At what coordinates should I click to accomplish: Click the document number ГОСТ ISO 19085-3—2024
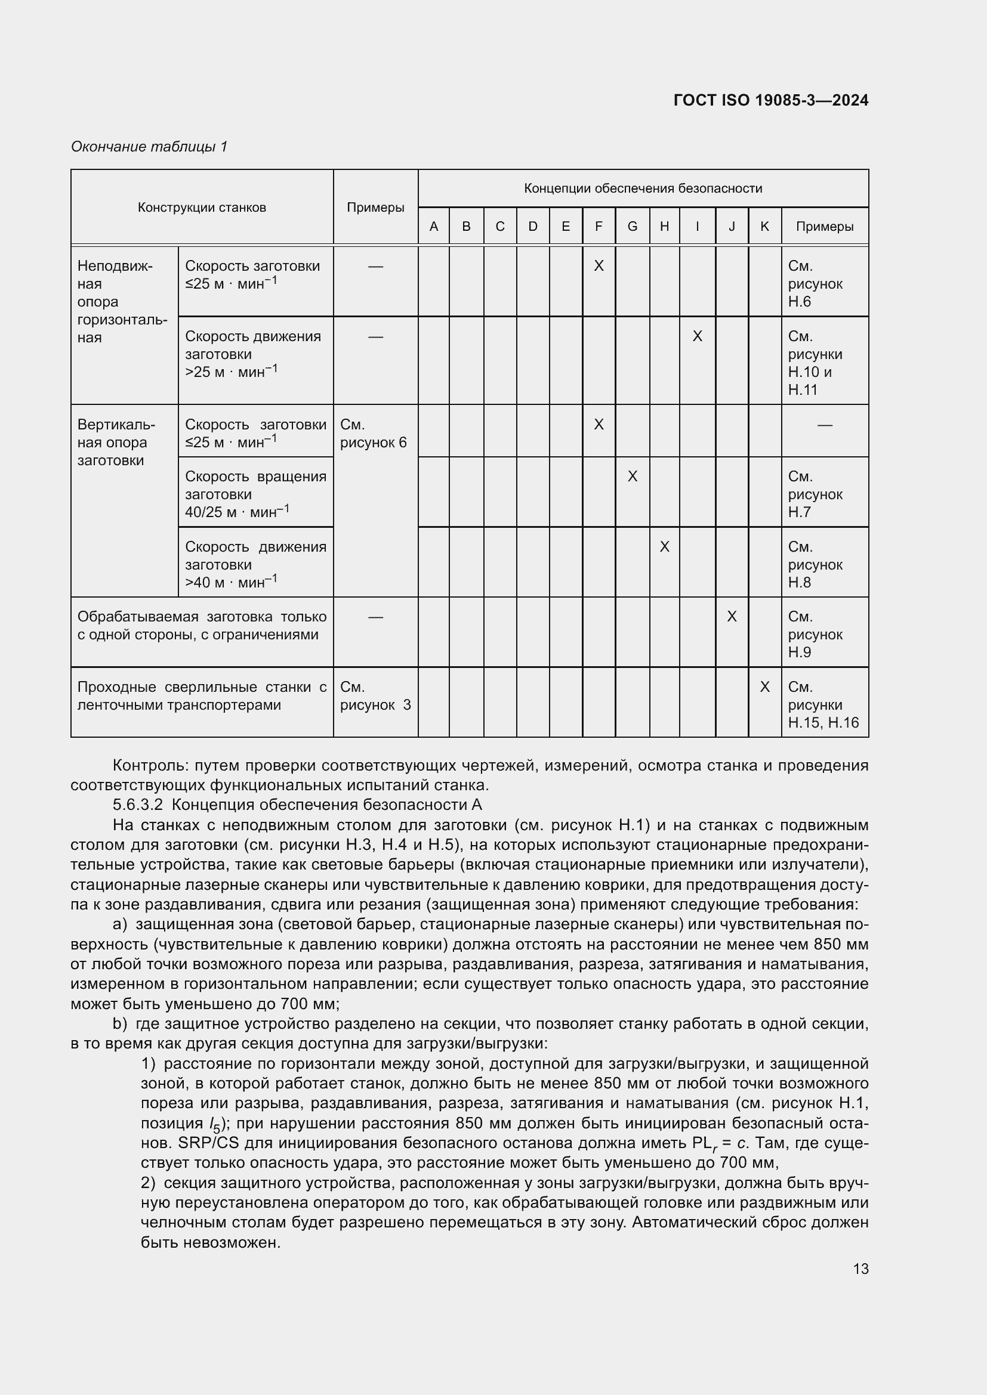(770, 100)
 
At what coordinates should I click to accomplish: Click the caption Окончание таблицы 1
(149, 147)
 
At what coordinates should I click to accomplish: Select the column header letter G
(632, 227)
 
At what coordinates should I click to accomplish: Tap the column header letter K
(764, 227)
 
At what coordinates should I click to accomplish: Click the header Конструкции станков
(202, 207)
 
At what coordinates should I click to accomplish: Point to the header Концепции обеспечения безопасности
(643, 188)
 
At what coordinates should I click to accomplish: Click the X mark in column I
(697, 336)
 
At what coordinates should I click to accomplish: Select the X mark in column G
(632, 477)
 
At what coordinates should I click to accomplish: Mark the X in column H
(664, 547)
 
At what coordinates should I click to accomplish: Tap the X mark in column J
(732, 617)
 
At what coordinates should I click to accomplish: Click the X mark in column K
(764, 686)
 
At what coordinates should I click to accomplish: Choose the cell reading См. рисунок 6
(373, 433)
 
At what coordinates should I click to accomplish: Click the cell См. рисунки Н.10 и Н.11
(815, 363)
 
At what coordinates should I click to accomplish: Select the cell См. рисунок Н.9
(815, 635)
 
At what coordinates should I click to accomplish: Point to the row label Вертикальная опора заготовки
(116, 443)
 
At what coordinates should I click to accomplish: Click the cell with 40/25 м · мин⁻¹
(237, 512)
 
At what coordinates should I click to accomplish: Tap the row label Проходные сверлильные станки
(202, 695)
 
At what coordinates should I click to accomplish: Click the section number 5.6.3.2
(138, 805)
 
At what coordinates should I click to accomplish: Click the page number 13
(860, 1269)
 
